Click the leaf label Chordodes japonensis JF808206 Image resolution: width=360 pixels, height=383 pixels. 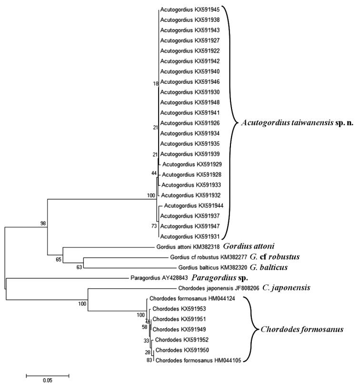pyautogui.click(x=213, y=288)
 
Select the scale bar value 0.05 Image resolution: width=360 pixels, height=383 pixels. pyautogui.click(x=47, y=380)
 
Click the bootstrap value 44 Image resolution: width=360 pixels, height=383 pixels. pyautogui.click(x=154, y=173)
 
